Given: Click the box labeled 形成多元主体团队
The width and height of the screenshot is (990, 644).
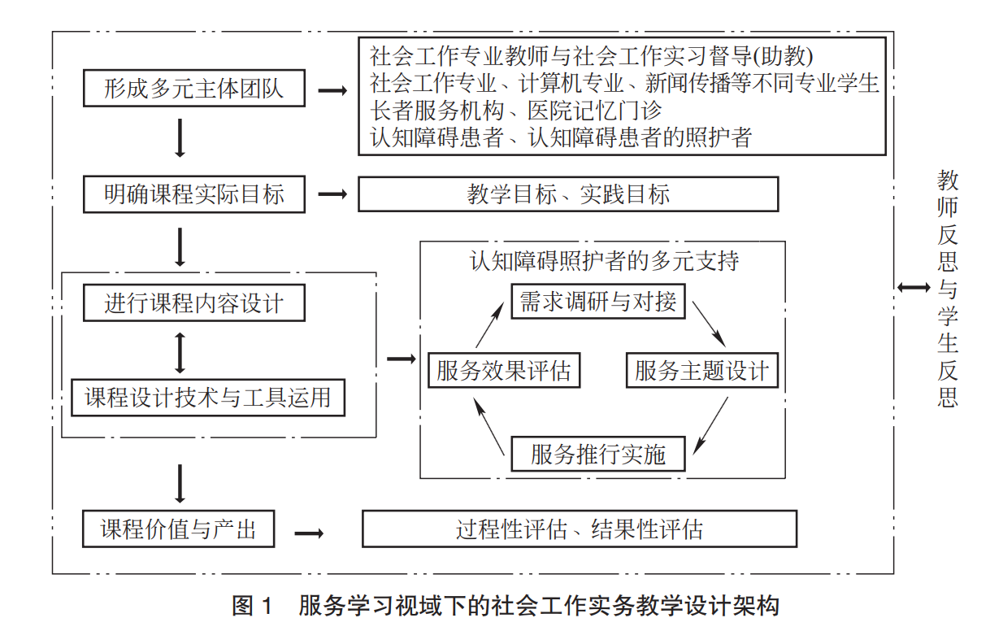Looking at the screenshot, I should pos(194,89).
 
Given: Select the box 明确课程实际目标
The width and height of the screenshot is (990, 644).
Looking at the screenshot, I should pos(194,195).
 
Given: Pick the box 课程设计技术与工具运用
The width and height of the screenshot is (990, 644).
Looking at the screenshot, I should pos(208,398).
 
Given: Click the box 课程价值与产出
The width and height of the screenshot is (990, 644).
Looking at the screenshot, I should pos(179,530).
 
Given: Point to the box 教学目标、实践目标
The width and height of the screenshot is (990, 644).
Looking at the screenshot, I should pos(568,195).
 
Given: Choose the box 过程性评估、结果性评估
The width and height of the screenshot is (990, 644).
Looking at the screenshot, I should pos(580,530).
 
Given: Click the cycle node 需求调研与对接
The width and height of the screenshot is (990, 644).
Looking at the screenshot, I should pos(598,302).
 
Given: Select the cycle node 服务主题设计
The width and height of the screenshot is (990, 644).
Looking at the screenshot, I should pos(702,372).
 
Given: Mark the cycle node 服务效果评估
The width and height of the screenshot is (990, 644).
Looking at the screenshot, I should pos(503,372).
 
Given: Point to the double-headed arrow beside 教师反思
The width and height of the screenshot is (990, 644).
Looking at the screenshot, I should pos(914,287).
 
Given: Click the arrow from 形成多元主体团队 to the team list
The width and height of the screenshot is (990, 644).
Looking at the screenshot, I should pos(332,90).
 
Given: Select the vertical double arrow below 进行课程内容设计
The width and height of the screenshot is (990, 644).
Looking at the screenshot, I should pos(180,351).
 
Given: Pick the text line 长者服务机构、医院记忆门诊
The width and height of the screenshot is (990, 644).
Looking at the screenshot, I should pos(516,110).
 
